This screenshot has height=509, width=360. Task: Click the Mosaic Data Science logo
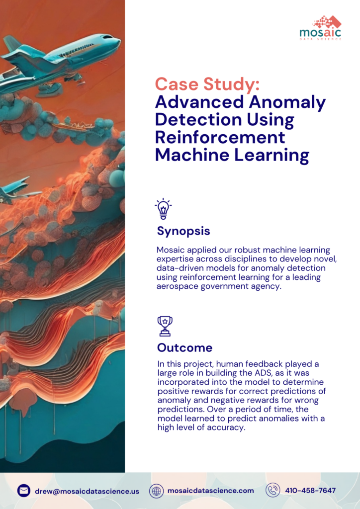[320, 28]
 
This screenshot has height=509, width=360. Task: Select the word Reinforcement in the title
[220, 137]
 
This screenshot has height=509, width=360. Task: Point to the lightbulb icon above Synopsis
[163, 209]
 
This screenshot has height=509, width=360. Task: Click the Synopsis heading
[183, 231]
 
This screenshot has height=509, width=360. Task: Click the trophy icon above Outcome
[164, 326]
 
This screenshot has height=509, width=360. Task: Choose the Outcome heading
[184, 347]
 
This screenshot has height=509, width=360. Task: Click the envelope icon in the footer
[24, 491]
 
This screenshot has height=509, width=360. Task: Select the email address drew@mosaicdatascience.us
[87, 491]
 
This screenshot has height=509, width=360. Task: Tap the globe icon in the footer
[157, 491]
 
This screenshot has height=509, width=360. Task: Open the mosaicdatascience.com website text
[210, 491]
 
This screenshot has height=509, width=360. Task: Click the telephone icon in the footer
[272, 491]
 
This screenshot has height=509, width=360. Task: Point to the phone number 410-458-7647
[310, 491]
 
